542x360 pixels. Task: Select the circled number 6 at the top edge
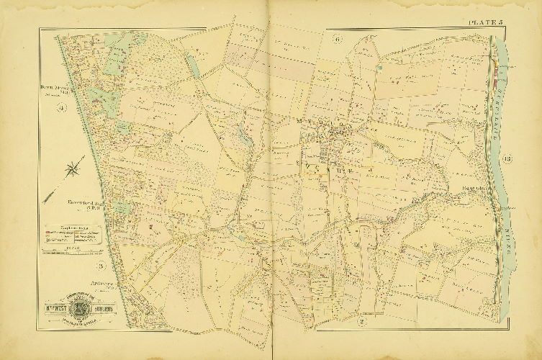[x=337, y=39]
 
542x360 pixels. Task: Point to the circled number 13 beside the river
[x=507, y=159]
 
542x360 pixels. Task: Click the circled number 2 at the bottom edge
[x=364, y=321]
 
